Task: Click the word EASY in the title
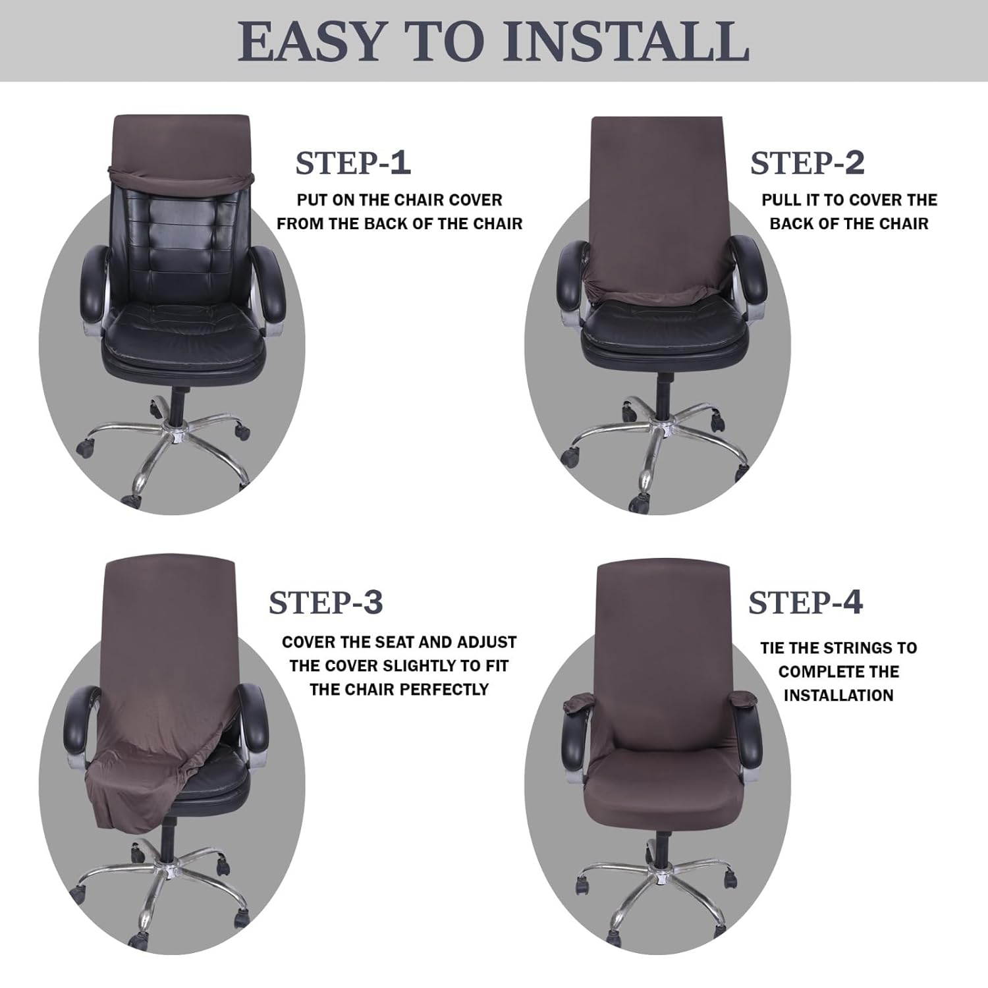click(x=310, y=42)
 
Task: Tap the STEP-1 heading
click(x=353, y=163)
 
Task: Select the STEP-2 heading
click(x=807, y=163)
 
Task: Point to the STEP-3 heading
click(x=325, y=603)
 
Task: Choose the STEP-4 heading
click(x=805, y=603)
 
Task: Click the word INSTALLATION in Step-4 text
click(x=838, y=696)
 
